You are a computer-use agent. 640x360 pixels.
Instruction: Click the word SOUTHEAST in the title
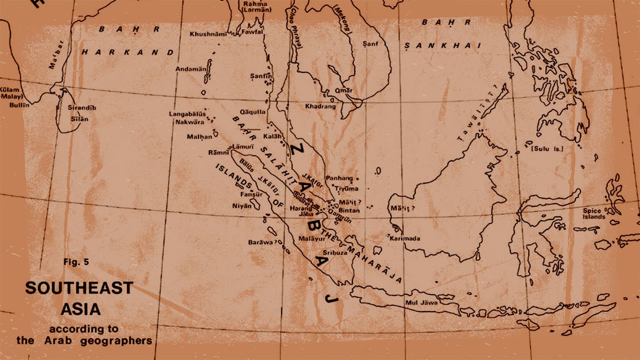pyautogui.click(x=79, y=288)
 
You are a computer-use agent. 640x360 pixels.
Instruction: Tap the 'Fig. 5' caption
pyautogui.click(x=76, y=262)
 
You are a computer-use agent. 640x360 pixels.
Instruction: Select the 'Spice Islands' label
pyautogui.click(x=594, y=214)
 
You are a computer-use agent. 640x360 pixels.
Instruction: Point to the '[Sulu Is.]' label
pyautogui.click(x=547, y=149)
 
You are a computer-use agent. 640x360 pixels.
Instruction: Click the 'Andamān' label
pyautogui.click(x=191, y=69)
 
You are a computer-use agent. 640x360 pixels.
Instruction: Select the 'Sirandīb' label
pyautogui.click(x=82, y=108)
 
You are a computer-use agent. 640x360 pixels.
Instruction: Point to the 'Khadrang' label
pyautogui.click(x=320, y=106)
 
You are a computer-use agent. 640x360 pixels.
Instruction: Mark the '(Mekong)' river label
pyautogui.click(x=342, y=19)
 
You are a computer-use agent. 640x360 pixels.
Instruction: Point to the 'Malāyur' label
pyautogui.click(x=312, y=239)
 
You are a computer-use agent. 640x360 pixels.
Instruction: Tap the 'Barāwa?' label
pyautogui.click(x=264, y=242)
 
